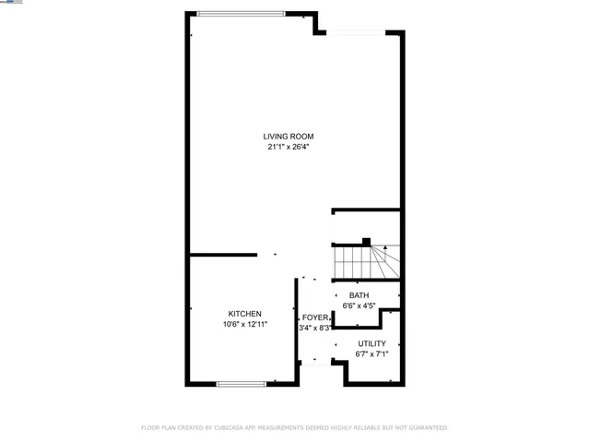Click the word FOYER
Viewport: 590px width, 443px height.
314,317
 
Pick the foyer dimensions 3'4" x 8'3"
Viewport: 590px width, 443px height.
314,328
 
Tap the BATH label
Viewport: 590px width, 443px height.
359,295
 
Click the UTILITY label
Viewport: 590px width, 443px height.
372,343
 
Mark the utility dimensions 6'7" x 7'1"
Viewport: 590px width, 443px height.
372,353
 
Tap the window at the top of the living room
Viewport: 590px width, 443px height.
242,13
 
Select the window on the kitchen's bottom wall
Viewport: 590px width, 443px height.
243,382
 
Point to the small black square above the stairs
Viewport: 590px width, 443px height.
366,243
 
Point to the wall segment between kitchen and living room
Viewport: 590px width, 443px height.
223,255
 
